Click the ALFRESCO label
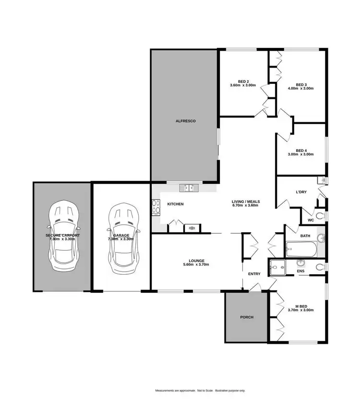pyautogui.click(x=185, y=121)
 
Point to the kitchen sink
pyautogui.click(x=186, y=188)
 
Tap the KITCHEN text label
pyautogui.click(x=175, y=204)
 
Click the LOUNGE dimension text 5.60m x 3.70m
pyautogui.click(x=196, y=265)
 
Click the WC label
pyautogui.click(x=311, y=221)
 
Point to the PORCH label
pyautogui.click(x=246, y=317)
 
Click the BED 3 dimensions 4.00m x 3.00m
pyautogui.click(x=300, y=89)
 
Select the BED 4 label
pyautogui.click(x=301, y=150)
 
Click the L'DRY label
pyautogui.click(x=301, y=192)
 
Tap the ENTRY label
pyautogui.click(x=254, y=274)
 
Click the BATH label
pyautogui.click(x=305, y=236)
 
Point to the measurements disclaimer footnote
pyautogui.click(x=200, y=391)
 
